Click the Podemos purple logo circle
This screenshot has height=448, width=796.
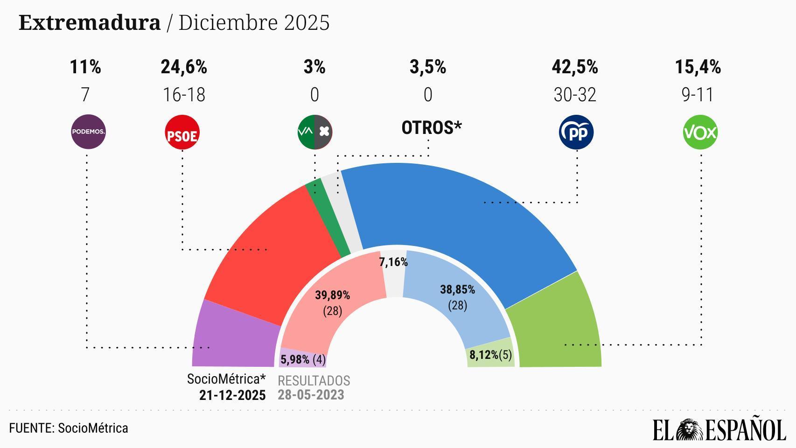88,132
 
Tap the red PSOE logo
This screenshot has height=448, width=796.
182,133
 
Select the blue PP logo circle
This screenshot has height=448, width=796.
576,133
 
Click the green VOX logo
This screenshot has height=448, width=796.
700,133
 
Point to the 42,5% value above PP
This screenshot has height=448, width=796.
574,67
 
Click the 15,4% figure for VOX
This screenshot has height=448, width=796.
698,67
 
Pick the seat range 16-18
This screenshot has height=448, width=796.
184,95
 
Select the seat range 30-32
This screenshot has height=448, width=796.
574,95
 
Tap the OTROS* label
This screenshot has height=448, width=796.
432,127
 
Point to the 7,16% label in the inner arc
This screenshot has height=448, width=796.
393,262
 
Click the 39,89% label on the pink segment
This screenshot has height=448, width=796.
332,295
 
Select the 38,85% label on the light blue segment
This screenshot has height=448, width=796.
457,290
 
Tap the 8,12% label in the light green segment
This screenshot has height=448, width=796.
484,355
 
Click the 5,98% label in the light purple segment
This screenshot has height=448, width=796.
295,360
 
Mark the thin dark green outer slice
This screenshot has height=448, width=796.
328,219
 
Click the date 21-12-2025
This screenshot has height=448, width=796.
232,395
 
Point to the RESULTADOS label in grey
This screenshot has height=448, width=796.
314,381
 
